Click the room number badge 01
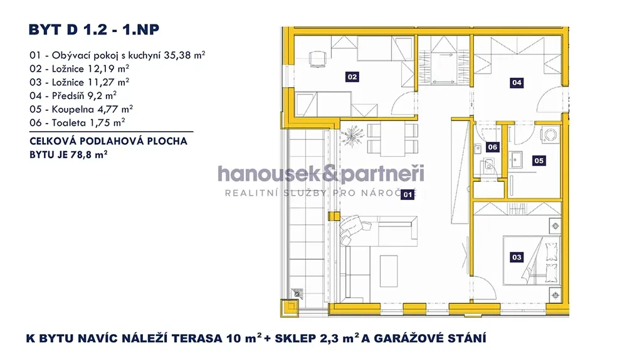[x=408, y=194]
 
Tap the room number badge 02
[x=352, y=77]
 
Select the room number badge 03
[x=517, y=257]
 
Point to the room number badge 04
[x=517, y=83]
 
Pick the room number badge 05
[x=539, y=161]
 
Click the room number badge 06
[x=493, y=147]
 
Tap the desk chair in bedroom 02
[x=318, y=58]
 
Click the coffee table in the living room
[x=389, y=271]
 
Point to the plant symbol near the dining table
[x=352, y=135]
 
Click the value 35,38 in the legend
[x=177, y=55]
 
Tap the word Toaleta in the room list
[x=69, y=123]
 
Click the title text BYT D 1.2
[x=68, y=30]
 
